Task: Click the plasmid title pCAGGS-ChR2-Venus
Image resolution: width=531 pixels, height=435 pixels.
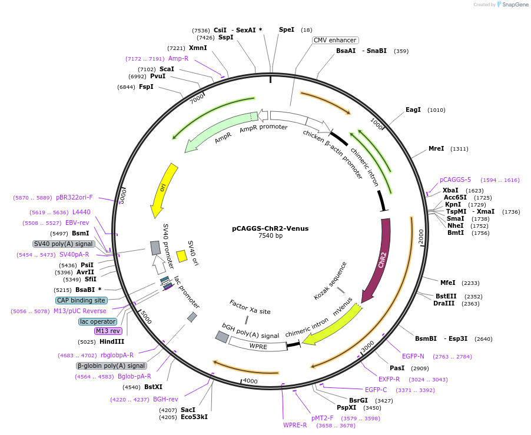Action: tap(270, 228)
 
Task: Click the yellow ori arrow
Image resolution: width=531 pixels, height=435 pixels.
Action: tap(163, 190)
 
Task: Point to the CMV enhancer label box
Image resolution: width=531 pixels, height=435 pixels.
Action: tap(335, 40)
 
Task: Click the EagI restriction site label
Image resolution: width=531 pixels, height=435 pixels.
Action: tap(413, 109)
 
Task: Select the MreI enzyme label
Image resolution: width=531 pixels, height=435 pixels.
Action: tap(436, 148)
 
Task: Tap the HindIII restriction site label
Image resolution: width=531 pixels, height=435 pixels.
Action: tap(112, 341)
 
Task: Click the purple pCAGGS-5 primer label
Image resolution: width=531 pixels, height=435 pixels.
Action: tap(455, 180)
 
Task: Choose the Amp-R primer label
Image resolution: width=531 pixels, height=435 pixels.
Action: tap(178, 58)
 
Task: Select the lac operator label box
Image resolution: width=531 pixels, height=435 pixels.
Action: tap(97, 321)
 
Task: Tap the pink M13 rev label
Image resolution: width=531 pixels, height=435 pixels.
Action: tap(108, 331)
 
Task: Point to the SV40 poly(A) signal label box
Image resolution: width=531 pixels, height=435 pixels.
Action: tap(64, 244)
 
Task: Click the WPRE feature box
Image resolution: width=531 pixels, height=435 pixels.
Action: tap(258, 346)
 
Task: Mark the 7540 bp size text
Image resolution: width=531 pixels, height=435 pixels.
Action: tap(270, 236)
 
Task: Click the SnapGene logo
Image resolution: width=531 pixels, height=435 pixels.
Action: tap(512, 5)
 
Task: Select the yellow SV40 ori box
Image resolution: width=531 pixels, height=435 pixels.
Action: tap(182, 255)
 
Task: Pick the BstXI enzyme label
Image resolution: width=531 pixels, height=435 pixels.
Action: tap(153, 387)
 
